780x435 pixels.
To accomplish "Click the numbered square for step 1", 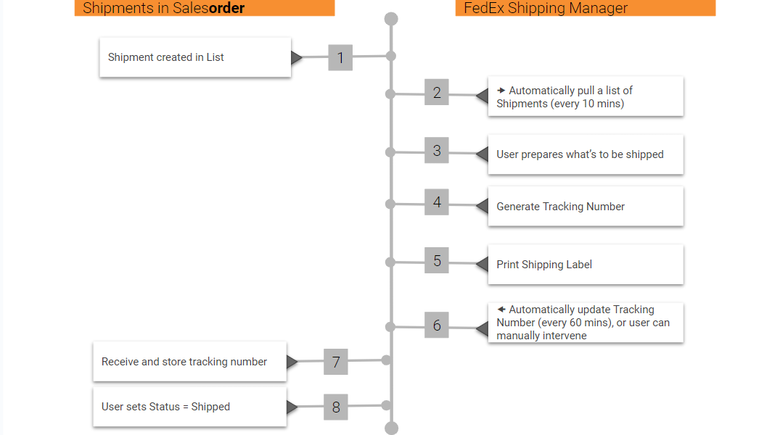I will pyautogui.click(x=340, y=58).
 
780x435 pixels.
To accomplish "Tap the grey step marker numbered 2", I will pyautogui.click(x=437, y=93).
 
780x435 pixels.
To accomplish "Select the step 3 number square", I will pyautogui.click(x=437, y=151).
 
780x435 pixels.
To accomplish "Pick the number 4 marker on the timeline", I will pyautogui.click(x=437, y=202).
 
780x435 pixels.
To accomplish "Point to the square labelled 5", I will pyautogui.click(x=437, y=261).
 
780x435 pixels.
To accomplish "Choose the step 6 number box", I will pyautogui.click(x=437, y=326).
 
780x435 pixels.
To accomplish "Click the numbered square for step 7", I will pyautogui.click(x=336, y=362).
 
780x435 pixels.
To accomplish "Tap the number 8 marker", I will pyautogui.click(x=336, y=407).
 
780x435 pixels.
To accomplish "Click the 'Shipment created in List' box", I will pyautogui.click(x=195, y=57).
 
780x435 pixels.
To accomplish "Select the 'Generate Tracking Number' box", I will pyautogui.click(x=585, y=207).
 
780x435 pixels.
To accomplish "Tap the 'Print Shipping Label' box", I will pyautogui.click(x=585, y=265).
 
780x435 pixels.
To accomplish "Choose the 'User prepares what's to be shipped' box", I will pyautogui.click(x=585, y=154).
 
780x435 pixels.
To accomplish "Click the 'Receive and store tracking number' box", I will pyautogui.click(x=189, y=362).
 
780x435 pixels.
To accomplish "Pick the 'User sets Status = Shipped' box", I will pyautogui.click(x=189, y=407).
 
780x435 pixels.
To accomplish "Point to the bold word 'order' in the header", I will pyautogui.click(x=226, y=9).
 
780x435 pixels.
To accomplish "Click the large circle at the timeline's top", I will pyautogui.click(x=391, y=19).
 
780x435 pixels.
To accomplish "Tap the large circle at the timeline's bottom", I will pyautogui.click(x=391, y=428).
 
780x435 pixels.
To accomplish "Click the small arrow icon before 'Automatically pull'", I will pyautogui.click(x=501, y=91).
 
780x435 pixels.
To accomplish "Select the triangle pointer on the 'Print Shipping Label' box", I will pyautogui.click(x=482, y=265).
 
